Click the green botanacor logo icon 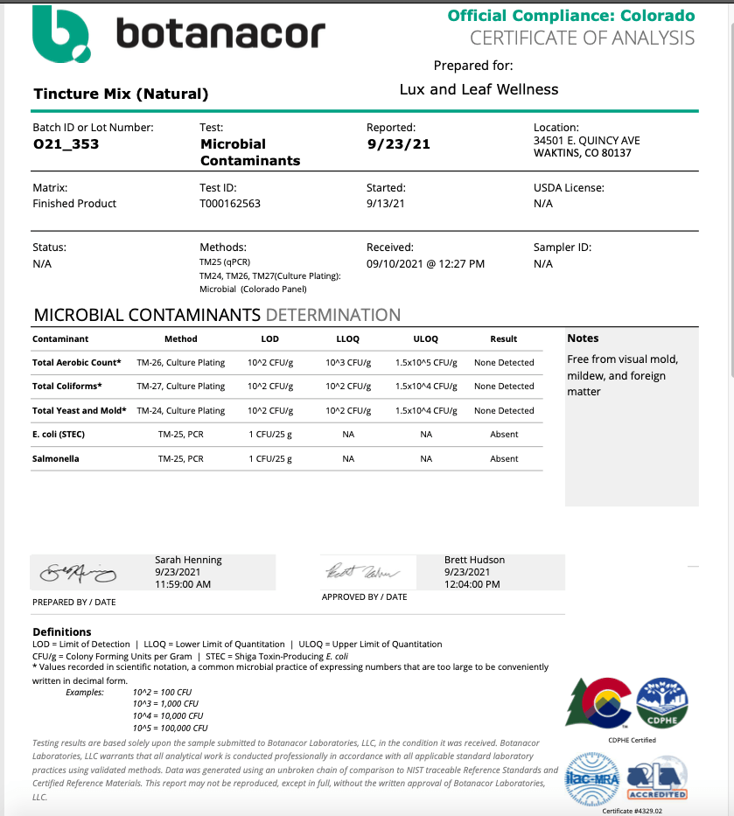tap(61, 35)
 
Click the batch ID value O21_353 tap(66, 144)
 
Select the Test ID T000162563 tap(230, 204)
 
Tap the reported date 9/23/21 tap(398, 144)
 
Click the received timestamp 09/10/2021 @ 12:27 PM tap(425, 263)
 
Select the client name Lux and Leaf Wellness tap(479, 89)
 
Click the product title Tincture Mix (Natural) tap(121, 94)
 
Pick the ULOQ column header tap(425, 338)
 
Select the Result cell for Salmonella tap(504, 458)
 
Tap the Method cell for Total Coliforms tap(180, 386)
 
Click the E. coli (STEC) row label tap(59, 434)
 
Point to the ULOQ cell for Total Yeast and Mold tap(425, 410)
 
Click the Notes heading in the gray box tap(583, 338)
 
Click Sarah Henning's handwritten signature tap(76, 573)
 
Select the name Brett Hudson tap(474, 560)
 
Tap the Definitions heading tap(61, 631)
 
